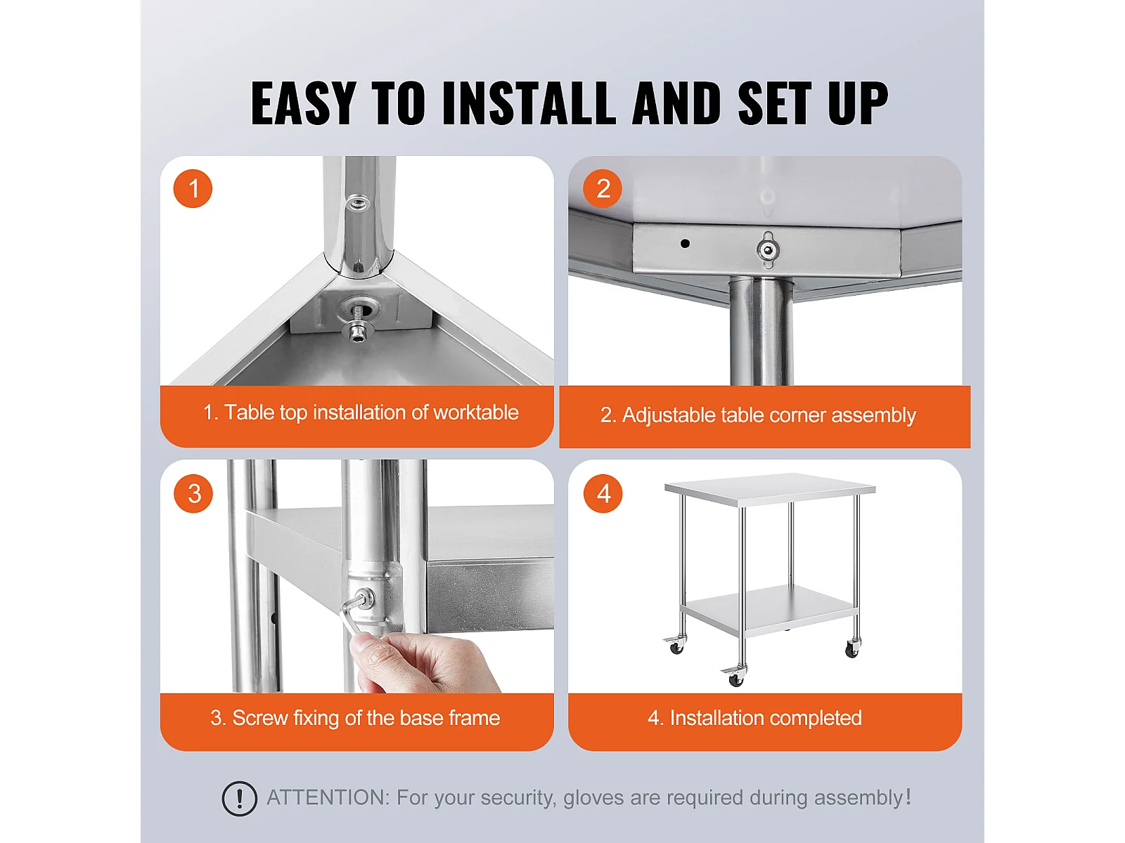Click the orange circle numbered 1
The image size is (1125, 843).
(x=193, y=188)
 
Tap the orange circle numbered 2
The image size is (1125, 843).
(x=603, y=188)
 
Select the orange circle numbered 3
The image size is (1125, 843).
(x=193, y=493)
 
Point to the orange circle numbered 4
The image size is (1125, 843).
(x=603, y=493)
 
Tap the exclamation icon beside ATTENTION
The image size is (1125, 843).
(x=239, y=798)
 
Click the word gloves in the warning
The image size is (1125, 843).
(x=593, y=798)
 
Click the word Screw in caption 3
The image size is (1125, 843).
(x=260, y=717)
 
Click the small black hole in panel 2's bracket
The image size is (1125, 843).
(x=685, y=244)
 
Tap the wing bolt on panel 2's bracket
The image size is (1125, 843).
(x=767, y=249)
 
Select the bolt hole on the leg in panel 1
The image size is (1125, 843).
(x=357, y=204)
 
